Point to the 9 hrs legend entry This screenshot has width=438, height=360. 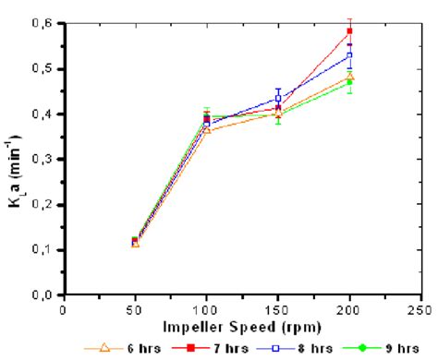(x=349, y=348)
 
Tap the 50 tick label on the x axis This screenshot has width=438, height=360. (x=135, y=310)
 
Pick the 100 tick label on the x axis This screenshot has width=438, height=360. (x=206, y=310)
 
